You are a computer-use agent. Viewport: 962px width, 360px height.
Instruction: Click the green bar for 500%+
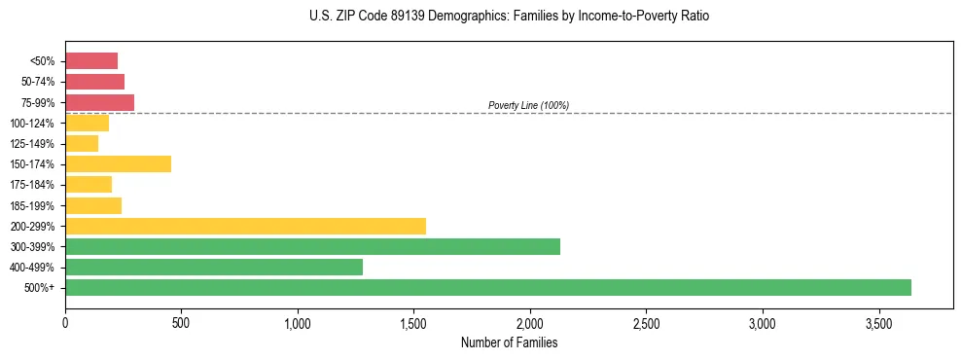pos(487,287)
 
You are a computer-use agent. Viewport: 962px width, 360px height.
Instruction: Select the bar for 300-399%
pos(312,246)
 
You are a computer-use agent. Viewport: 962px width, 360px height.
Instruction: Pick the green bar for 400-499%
pos(214,267)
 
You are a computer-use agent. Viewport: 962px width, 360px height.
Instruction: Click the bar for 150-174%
pos(118,163)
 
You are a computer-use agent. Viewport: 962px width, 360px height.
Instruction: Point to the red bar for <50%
pos(91,61)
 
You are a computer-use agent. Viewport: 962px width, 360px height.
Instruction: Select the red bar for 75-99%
pos(99,102)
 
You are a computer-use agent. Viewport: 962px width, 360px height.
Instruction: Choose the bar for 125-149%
pos(82,143)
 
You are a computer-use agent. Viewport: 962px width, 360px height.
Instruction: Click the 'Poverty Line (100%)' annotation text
pos(528,105)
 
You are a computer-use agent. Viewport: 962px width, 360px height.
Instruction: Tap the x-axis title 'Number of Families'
pos(509,342)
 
